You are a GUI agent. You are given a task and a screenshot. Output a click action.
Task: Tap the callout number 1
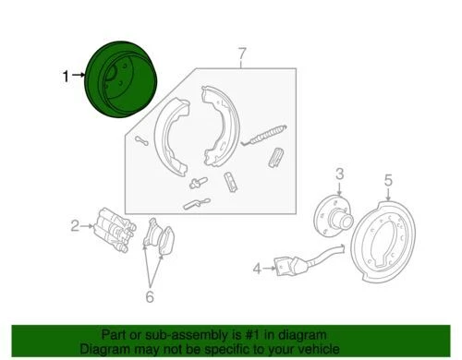click(x=66, y=78)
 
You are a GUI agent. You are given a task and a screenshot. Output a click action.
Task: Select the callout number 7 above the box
click(x=242, y=53)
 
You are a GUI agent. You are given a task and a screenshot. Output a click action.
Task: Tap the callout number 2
click(x=74, y=223)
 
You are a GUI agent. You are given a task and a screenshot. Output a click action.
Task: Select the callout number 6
click(x=149, y=296)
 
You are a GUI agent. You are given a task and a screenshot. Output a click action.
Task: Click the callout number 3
click(x=339, y=174)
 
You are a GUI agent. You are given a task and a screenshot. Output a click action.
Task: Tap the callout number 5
click(x=389, y=180)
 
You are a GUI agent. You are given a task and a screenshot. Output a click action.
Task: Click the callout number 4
click(x=257, y=270)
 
